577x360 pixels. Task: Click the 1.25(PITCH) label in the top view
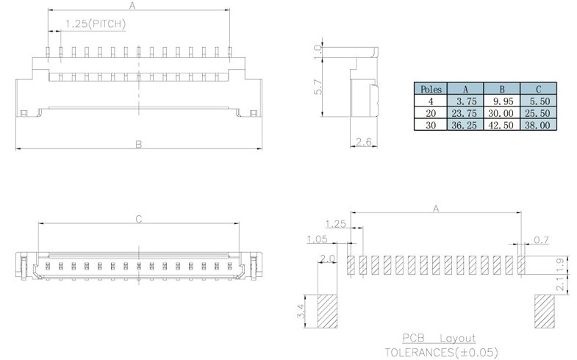click(x=96, y=24)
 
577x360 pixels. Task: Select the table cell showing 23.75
click(x=465, y=113)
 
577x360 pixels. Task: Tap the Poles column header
click(x=431, y=89)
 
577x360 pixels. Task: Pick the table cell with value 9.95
click(x=501, y=101)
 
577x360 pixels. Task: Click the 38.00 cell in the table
click(x=538, y=125)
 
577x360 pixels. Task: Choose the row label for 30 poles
click(x=431, y=125)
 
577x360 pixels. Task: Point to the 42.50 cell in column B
click(x=501, y=125)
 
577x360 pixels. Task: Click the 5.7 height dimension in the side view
click(x=318, y=87)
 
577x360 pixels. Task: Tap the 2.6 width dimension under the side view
click(x=364, y=142)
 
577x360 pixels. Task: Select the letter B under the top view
click(x=139, y=144)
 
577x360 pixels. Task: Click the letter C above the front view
click(x=139, y=219)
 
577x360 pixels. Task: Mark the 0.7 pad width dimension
click(x=541, y=240)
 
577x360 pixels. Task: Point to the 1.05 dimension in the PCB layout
click(x=318, y=240)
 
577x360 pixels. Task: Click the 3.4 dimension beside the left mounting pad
click(x=302, y=311)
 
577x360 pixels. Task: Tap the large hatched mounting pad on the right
click(x=545, y=311)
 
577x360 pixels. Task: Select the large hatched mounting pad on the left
click(x=327, y=311)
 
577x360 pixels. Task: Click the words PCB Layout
click(x=439, y=338)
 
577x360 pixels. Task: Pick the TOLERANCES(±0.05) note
click(x=442, y=352)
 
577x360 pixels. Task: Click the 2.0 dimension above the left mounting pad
click(x=327, y=259)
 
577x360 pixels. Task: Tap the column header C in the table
click(x=538, y=89)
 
